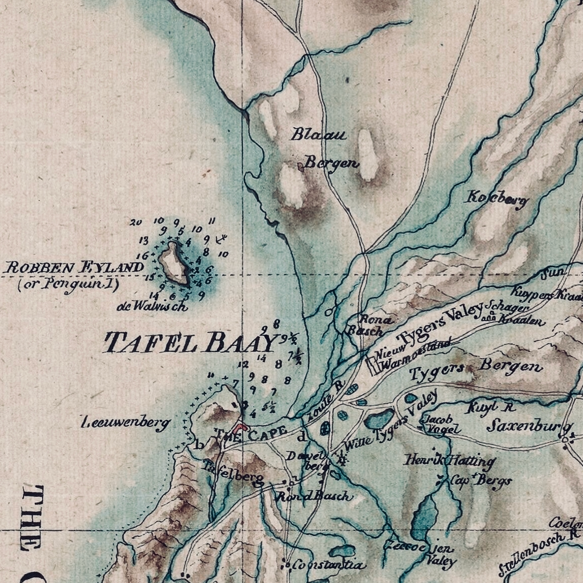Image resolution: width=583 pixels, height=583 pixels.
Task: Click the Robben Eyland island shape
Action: (174, 263)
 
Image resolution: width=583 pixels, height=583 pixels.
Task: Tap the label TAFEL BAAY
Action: (191, 343)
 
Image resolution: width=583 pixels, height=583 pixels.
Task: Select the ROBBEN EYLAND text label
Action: (74, 267)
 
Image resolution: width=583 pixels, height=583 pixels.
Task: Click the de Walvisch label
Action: (152, 306)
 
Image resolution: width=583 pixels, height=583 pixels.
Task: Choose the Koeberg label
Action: (496, 199)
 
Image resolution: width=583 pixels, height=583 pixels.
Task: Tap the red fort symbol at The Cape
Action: (241, 426)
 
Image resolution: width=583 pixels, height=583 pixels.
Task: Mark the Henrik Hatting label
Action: (449, 460)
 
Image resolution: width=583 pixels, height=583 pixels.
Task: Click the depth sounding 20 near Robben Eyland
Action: (136, 222)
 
